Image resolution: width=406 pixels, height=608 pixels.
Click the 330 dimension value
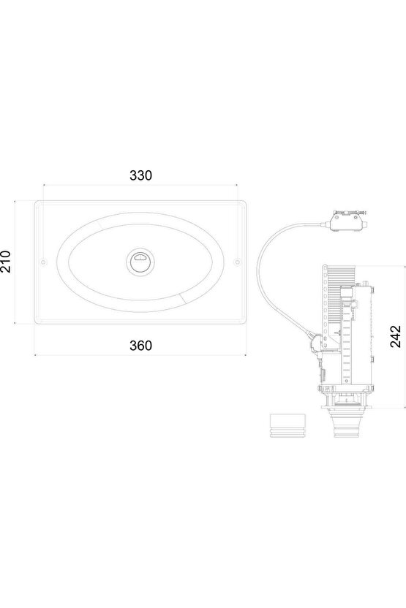140,175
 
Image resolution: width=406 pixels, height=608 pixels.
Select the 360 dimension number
140,346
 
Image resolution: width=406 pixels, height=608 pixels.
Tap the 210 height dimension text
5,262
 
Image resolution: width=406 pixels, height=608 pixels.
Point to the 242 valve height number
395,336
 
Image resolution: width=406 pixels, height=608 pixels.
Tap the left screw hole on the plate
43,262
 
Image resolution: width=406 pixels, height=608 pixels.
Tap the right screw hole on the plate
237,262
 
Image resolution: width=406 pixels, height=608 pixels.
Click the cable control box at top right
347,221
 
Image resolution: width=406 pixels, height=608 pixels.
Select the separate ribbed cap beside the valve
287,425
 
